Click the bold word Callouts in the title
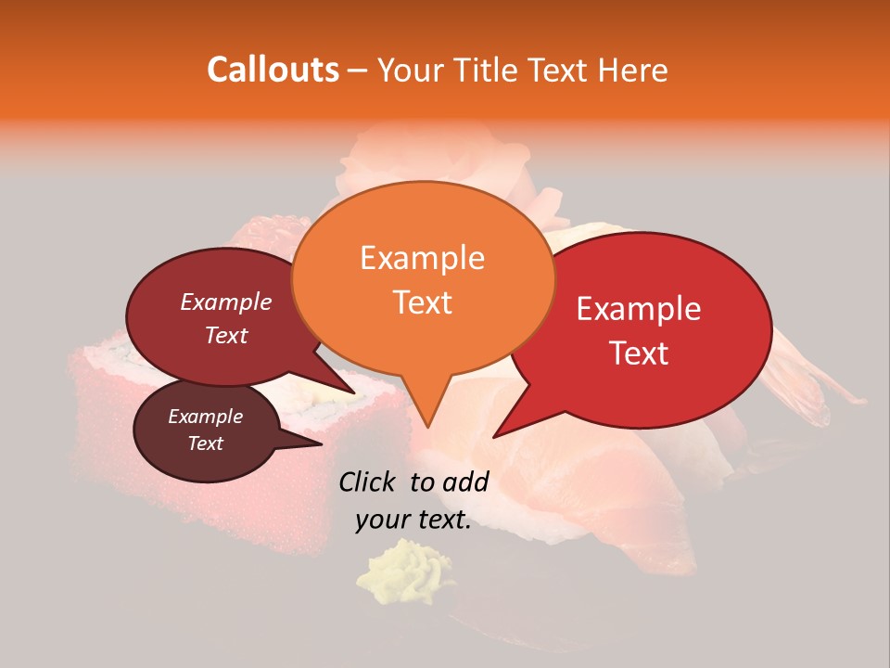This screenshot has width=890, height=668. point(273,70)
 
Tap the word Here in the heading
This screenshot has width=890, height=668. point(634,70)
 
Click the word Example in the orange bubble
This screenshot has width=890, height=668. point(422,258)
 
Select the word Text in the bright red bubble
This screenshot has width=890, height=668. point(639,353)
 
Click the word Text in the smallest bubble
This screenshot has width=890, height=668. point(205,443)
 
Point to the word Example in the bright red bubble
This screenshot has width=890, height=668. point(639,309)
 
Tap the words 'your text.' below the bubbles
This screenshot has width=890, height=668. point(413,520)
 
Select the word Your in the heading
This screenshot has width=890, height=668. point(405,70)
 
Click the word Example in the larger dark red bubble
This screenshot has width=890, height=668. point(225,302)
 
